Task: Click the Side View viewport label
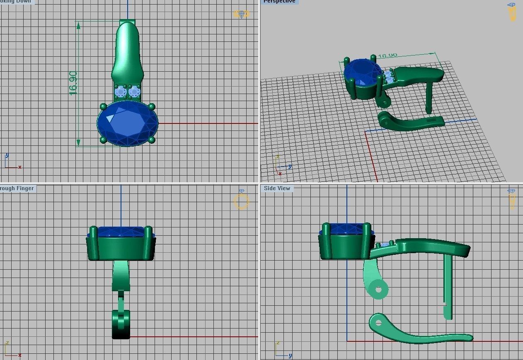point(277,188)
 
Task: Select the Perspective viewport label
point(279,2)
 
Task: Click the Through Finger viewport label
point(17,188)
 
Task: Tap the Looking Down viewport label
point(17,2)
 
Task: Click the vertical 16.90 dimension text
point(73,83)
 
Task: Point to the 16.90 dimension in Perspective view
point(387,56)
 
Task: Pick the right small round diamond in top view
point(134,92)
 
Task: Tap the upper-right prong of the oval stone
point(151,106)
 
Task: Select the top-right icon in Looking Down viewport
point(241,14)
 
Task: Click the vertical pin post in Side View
point(447,286)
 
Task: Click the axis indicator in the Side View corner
point(282,350)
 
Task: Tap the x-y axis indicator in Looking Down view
point(12,162)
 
